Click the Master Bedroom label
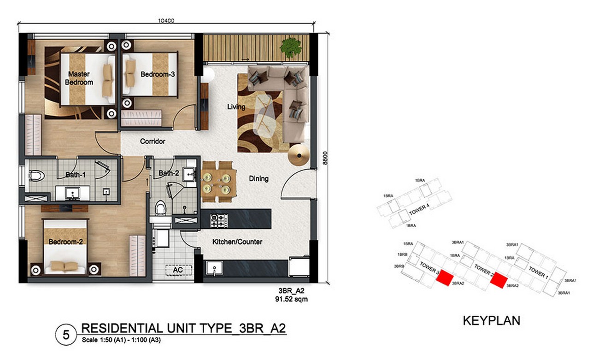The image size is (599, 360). coord(79,78)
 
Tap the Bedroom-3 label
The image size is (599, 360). coord(158,74)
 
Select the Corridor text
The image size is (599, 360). coord(153,141)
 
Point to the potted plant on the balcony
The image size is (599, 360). coord(291,47)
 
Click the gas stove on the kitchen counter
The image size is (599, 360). coord(219,220)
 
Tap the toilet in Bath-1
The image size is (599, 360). coord(37,176)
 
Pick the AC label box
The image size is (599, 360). coord(178,270)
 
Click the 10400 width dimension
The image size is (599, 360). coord(166,21)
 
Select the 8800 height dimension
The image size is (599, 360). coord(325,158)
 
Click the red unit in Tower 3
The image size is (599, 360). coord(445,278)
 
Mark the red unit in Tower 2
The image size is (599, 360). coord(499,280)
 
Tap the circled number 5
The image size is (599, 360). coord(66,335)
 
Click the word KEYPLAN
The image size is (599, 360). coord(492,321)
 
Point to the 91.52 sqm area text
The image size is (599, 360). coord(292,299)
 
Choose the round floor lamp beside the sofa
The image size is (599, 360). coord(299,155)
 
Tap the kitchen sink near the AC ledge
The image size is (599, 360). coord(214,268)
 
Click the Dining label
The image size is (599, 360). coord(258,178)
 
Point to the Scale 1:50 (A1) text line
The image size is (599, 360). coord(121,340)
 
